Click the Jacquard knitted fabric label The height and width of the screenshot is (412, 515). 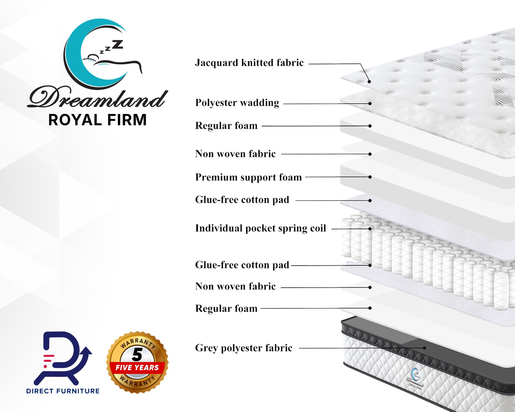(249, 63)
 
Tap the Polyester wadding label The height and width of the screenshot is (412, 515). (237, 103)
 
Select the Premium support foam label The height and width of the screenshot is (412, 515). (249, 177)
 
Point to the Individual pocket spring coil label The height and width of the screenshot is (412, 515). (261, 228)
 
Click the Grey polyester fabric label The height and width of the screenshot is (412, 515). (244, 348)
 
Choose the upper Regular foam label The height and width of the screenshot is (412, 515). (226, 126)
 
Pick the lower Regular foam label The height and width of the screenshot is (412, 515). (226, 308)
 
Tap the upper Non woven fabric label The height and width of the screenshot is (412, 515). (235, 154)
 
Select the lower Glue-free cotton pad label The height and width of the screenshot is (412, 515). (242, 265)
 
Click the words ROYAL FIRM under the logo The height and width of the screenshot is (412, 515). (98, 120)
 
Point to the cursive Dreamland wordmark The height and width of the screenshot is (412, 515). (98, 99)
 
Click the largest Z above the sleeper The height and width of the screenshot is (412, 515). (117, 45)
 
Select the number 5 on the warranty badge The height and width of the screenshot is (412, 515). (137, 355)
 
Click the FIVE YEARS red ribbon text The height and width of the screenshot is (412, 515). (137, 367)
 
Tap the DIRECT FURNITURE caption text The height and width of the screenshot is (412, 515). (63, 391)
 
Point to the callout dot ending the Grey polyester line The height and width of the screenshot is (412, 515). (424, 348)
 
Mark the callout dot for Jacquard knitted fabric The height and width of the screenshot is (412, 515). (369, 82)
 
